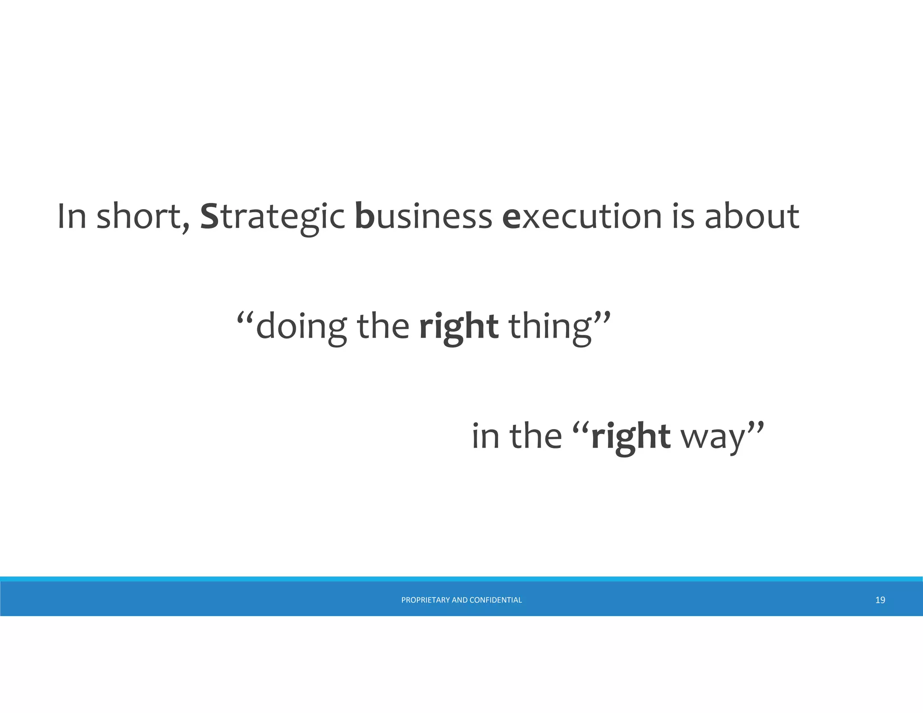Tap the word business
(x=423, y=216)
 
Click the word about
(x=752, y=216)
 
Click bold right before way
(x=631, y=437)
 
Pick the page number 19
(x=880, y=600)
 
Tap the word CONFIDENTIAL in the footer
(x=495, y=600)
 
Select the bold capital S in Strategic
(x=209, y=216)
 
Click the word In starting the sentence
(x=72, y=216)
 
